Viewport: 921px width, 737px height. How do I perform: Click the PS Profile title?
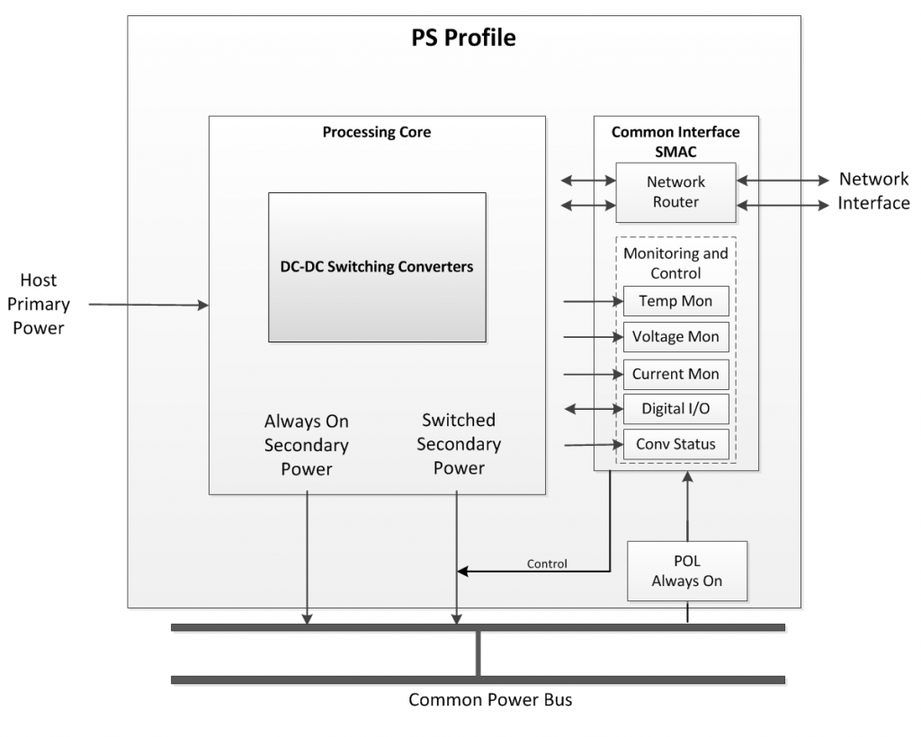(463, 39)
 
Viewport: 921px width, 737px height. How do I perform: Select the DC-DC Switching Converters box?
(377, 267)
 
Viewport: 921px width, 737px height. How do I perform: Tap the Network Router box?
(675, 192)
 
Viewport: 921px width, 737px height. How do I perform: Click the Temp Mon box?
(675, 301)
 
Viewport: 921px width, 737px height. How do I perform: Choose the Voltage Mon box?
(675, 337)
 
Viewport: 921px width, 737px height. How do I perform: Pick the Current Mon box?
(675, 374)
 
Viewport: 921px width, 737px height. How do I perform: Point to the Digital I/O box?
(675, 409)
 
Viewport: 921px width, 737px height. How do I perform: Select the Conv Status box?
(675, 444)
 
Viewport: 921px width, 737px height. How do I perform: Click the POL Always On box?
(687, 571)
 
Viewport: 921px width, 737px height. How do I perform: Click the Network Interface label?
(873, 191)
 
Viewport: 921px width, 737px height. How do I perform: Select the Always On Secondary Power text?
(307, 444)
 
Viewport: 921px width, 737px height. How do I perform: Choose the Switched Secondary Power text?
(459, 444)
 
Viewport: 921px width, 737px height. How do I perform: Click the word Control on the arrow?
(547, 564)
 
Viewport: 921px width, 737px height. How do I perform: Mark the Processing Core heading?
(377, 132)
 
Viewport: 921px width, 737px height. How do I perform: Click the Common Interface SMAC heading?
(675, 140)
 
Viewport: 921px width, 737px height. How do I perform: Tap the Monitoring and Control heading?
(675, 262)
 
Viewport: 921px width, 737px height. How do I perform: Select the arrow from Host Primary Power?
(148, 306)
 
